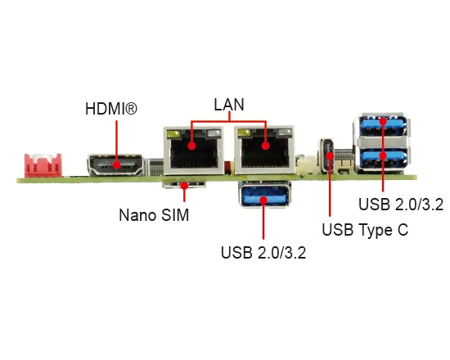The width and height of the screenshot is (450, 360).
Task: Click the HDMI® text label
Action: (111, 109)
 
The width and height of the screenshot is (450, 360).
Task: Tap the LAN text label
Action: (229, 104)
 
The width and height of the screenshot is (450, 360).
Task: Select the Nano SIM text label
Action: (154, 214)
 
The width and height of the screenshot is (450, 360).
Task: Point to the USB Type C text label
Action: (365, 230)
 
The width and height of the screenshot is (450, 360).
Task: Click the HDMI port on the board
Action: (115, 165)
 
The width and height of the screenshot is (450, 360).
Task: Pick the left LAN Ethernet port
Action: (194, 151)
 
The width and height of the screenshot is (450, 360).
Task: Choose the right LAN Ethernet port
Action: (264, 150)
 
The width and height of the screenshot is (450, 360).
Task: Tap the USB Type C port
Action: (327, 155)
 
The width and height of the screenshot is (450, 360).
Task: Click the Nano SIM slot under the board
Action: (184, 185)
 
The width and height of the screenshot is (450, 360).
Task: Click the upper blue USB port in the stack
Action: (382, 125)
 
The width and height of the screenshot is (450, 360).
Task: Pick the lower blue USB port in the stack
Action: (382, 159)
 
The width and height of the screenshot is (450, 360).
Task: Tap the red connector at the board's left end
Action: (43, 165)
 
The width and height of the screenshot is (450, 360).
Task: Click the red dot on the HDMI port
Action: (116, 165)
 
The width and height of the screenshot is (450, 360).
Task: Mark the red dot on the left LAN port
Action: (191, 146)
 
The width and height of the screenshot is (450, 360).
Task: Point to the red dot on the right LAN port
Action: (266, 146)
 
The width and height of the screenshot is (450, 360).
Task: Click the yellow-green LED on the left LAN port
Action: (174, 134)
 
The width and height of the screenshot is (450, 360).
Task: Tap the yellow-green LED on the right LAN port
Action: (245, 133)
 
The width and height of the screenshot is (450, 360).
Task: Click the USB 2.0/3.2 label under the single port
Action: (263, 253)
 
